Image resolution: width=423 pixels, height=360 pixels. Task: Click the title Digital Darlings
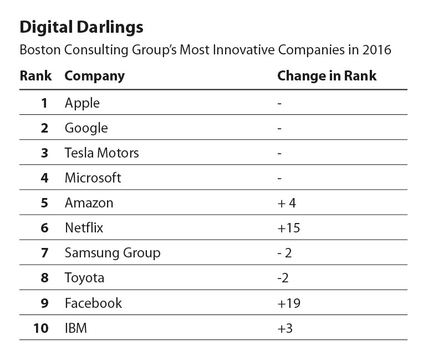(x=81, y=27)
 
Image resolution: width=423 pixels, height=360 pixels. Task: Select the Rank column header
(x=35, y=76)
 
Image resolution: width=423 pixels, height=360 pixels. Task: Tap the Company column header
(x=95, y=76)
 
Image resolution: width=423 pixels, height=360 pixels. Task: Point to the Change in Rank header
(x=327, y=76)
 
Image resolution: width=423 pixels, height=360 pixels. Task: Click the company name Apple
(x=82, y=103)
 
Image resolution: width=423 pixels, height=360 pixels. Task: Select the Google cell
(x=86, y=128)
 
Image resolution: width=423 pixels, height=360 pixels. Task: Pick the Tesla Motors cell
(x=101, y=153)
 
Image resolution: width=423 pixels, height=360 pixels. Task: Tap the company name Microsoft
(x=93, y=178)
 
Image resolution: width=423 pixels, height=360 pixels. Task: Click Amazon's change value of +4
(x=287, y=203)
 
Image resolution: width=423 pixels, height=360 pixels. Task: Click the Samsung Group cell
(x=113, y=253)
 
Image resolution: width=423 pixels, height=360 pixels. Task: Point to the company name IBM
(x=76, y=328)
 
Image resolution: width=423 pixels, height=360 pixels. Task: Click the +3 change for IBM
(x=285, y=328)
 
